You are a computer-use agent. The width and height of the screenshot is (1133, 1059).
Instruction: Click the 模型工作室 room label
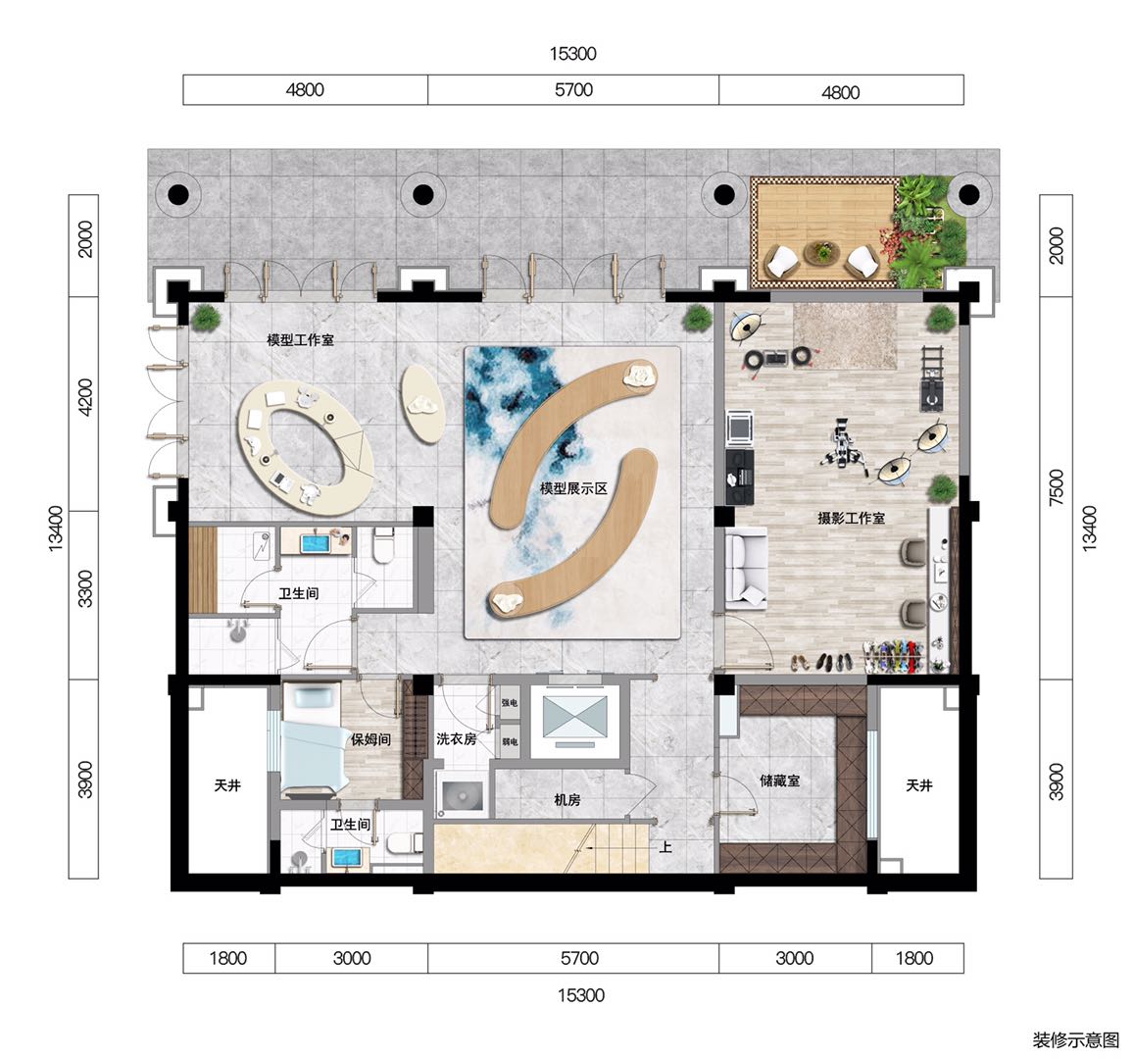300,339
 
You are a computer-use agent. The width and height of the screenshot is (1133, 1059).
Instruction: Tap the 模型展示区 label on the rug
573,488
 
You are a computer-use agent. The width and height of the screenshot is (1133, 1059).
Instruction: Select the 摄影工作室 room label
851,519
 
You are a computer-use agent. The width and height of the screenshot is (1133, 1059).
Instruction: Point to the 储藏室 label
779,781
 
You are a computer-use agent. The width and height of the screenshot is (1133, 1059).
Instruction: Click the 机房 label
567,800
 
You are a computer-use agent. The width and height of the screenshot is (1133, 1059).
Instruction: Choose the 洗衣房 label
456,739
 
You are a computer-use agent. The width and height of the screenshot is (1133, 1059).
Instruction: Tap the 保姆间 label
370,739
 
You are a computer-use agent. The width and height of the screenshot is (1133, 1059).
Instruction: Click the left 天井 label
227,785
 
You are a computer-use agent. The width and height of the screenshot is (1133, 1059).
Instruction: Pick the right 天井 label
919,785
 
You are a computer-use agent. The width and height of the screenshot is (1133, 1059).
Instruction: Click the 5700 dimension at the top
573,89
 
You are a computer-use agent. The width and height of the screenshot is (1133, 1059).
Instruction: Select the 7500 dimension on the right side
1057,487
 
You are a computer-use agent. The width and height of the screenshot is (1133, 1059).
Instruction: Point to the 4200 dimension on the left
84,397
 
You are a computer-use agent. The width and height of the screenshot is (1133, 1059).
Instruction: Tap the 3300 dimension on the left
84,588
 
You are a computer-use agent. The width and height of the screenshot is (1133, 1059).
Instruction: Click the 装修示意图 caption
1076,1040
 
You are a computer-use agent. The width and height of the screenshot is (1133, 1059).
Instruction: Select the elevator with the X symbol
575,717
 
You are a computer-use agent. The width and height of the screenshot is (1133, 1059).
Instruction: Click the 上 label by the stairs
665,846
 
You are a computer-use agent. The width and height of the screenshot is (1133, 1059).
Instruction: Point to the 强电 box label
510,703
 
